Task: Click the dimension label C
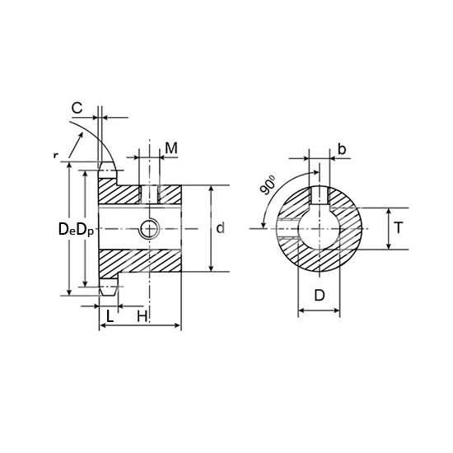(77, 108)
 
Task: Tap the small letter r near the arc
(55, 156)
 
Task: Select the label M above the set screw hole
(171, 148)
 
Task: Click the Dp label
(86, 230)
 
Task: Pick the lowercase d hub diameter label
(221, 228)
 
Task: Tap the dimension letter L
(110, 316)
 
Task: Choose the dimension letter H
(142, 316)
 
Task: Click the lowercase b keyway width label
(342, 149)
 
